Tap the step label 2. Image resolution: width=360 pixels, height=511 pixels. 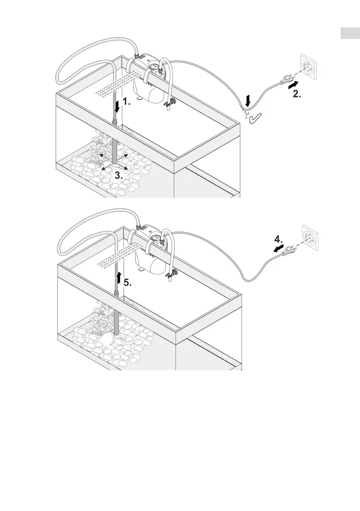(296, 95)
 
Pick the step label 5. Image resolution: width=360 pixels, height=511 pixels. (128, 283)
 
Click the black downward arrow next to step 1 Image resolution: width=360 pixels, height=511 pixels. (116, 104)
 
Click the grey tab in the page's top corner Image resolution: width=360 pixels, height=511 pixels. (350, 33)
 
